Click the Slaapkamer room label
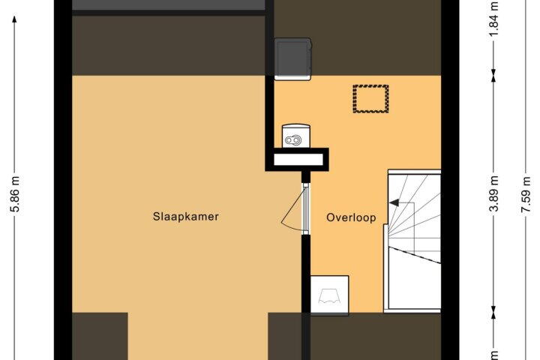click(x=186, y=217)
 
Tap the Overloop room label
click(x=351, y=217)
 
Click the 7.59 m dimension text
click(x=526, y=195)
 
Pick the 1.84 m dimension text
click(x=494, y=18)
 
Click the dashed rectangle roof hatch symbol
click(x=371, y=99)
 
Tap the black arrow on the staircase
click(x=394, y=202)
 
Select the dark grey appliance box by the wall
click(x=292, y=59)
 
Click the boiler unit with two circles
click(x=295, y=136)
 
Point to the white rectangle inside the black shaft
click(x=298, y=160)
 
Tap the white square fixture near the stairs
click(x=329, y=295)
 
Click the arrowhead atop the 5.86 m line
click(x=14, y=19)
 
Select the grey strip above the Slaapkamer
click(x=169, y=5)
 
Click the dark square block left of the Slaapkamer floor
click(x=100, y=336)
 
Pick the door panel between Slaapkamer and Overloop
click(x=305, y=208)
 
